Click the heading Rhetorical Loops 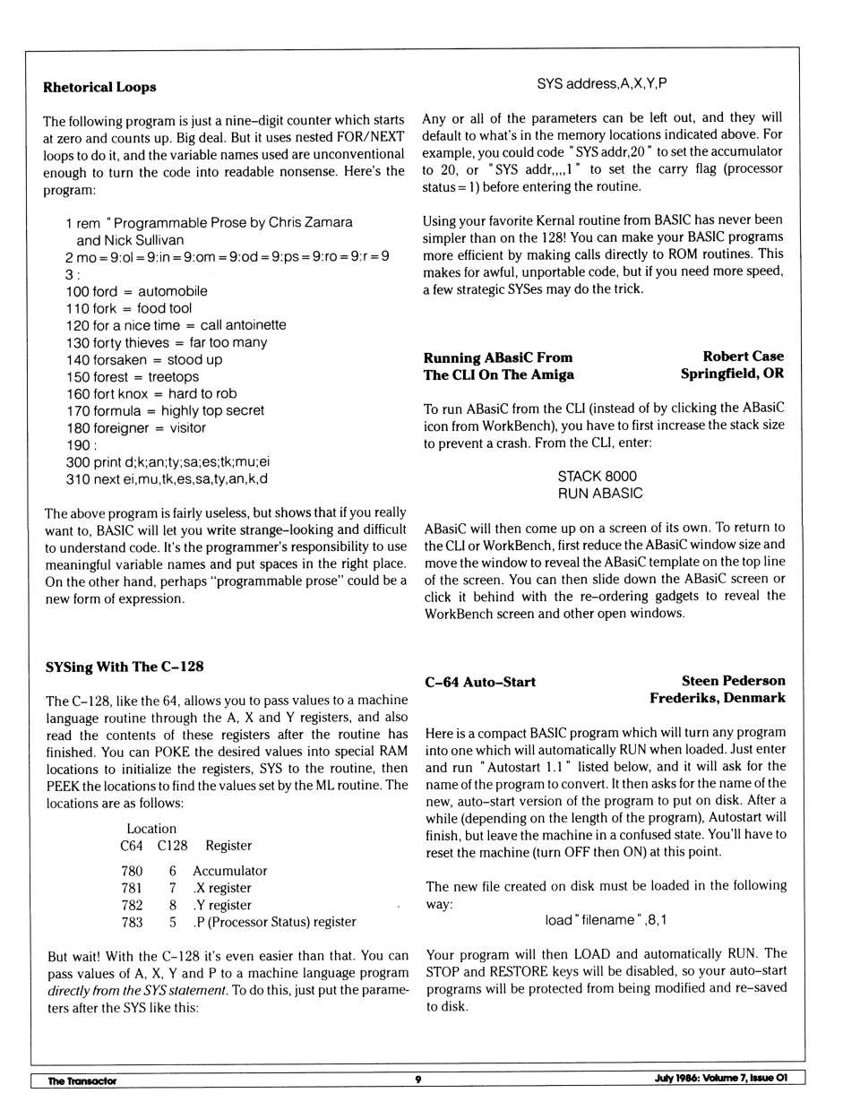tap(99, 87)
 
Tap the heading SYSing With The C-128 tap(125, 667)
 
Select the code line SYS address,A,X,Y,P tap(601, 83)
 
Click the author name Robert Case tap(743, 357)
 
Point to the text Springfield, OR tap(731, 374)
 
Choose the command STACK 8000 tap(597, 477)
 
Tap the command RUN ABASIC tap(599, 494)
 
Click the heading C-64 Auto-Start tap(480, 682)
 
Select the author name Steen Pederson tap(733, 681)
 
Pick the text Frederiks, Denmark tap(717, 698)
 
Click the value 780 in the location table tap(132, 871)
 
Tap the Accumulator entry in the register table tap(229, 871)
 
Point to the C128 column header tap(172, 846)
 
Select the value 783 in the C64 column tap(132, 922)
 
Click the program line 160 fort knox tap(150, 393)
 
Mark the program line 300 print tap(167, 462)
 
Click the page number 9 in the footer tap(417, 1080)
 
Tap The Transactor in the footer tap(82, 1080)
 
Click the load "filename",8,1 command tap(605, 920)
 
